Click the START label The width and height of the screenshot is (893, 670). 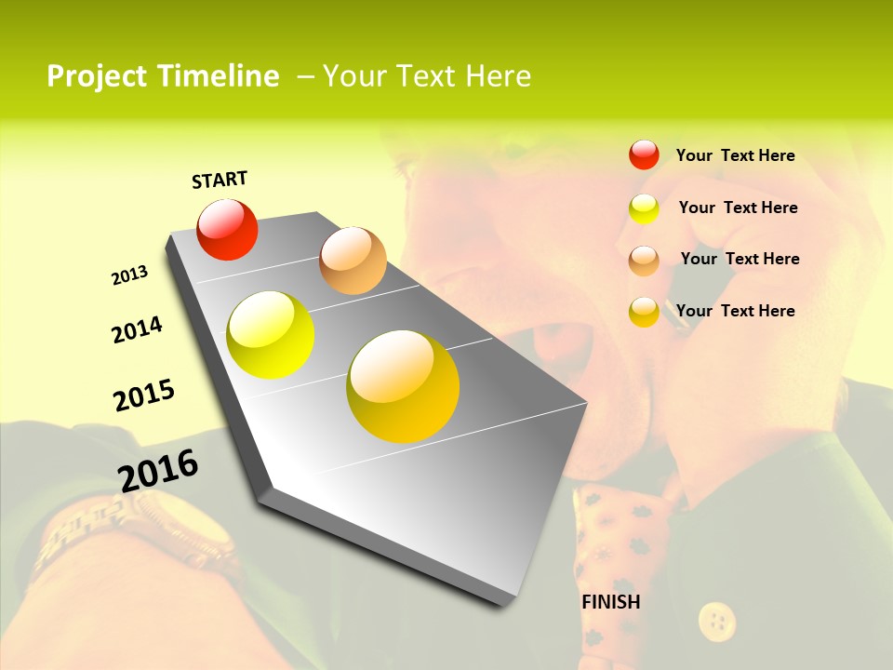tap(220, 180)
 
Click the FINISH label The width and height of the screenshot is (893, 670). tap(611, 602)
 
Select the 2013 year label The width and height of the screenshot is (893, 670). tap(129, 275)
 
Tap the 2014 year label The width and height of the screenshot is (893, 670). tap(137, 329)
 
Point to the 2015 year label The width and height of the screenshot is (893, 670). tap(144, 395)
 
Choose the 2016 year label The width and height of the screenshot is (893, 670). tap(158, 470)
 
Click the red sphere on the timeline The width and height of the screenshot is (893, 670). tap(227, 229)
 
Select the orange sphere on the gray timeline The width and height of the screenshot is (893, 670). tap(353, 261)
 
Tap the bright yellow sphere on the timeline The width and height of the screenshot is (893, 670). tap(271, 335)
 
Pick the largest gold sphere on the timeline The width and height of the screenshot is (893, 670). tap(403, 386)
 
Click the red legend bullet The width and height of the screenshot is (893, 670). tap(644, 154)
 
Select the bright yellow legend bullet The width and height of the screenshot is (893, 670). tap(644, 208)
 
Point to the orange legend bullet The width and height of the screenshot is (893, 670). tap(644, 261)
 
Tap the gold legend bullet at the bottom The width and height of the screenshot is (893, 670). tap(644, 312)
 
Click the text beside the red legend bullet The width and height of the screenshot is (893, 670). tap(735, 155)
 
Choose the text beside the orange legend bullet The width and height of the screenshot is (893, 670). tap(740, 259)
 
